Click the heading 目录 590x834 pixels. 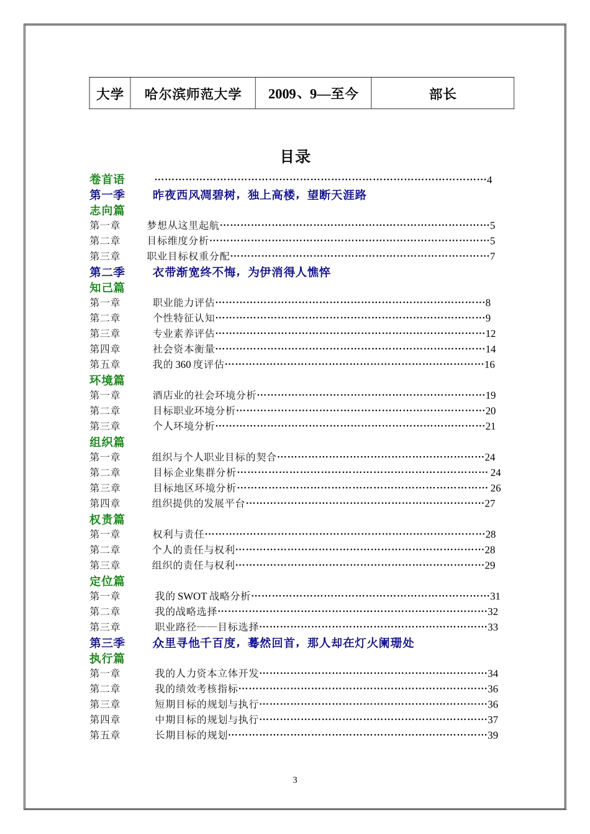pyautogui.click(x=295, y=157)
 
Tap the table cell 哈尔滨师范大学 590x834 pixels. pyautogui.click(x=193, y=94)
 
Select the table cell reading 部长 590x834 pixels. pyautogui.click(x=442, y=94)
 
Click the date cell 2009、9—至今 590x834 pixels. pyautogui.click(x=313, y=94)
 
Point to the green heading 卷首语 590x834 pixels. pyautogui.click(x=107, y=179)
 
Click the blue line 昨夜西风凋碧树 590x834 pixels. pyautogui.click(x=259, y=195)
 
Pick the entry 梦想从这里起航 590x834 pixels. pyautogui.click(x=183, y=225)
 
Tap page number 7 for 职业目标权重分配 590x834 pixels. pyautogui.click(x=492, y=256)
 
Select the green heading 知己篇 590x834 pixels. pyautogui.click(x=107, y=287)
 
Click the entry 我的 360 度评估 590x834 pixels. pyautogui.click(x=188, y=364)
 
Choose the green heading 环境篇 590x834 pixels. pyautogui.click(x=107, y=380)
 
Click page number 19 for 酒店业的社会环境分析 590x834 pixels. pyautogui.click(x=491, y=395)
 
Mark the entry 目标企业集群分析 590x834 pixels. pyautogui.click(x=194, y=472)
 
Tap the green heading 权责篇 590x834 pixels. pyautogui.click(x=107, y=519)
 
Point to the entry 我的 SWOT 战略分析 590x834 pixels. pyautogui.click(x=202, y=596)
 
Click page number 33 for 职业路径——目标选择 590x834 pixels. pyautogui.click(x=492, y=627)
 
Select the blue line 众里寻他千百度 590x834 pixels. pyautogui.click(x=283, y=643)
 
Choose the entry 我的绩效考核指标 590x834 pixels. pyautogui.click(x=196, y=689)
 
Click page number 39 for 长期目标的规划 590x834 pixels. pyautogui.click(x=492, y=735)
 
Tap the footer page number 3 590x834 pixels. pyautogui.click(x=295, y=780)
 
